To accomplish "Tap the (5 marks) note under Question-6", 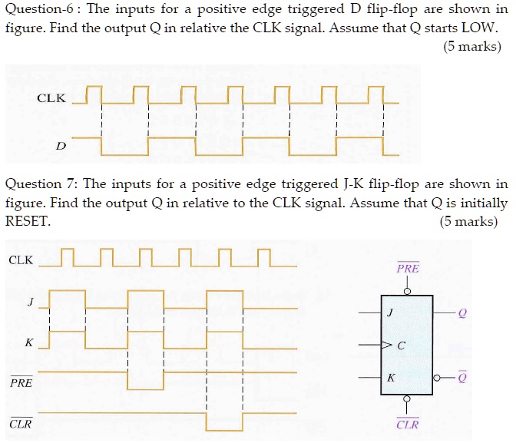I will [x=471, y=47].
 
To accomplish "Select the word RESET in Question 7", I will [x=27, y=222].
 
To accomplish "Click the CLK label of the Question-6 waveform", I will [x=51, y=99].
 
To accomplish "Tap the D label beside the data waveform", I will [x=60, y=145].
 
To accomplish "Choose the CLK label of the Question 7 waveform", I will [x=21, y=260].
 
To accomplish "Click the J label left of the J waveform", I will [x=30, y=302].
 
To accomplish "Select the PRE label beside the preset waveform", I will [x=21, y=382].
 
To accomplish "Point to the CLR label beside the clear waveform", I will [x=21, y=423].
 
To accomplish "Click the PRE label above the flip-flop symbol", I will [x=408, y=269].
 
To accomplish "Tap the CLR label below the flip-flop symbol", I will [x=408, y=424].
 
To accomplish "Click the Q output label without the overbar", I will [x=461, y=313].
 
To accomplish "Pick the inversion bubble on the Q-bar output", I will [x=438, y=379].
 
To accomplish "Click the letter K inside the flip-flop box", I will [x=391, y=378].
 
